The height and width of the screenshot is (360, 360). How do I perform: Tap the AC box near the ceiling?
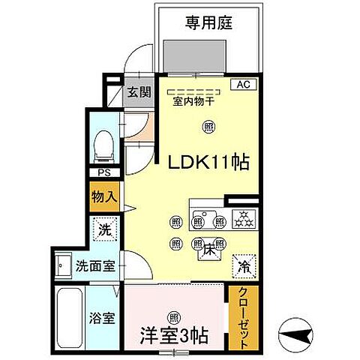pos(243,85)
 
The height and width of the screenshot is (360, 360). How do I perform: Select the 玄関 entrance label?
pos(138,92)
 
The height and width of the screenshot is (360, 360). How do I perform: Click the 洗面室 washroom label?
pos(93,266)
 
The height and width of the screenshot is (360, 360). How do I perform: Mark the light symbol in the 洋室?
pos(174,316)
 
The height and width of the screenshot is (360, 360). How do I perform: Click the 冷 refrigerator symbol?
pos(244,265)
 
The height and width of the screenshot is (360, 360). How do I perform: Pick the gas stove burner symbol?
pos(244,219)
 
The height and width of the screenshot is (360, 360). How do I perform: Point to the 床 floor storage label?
pos(208,253)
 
